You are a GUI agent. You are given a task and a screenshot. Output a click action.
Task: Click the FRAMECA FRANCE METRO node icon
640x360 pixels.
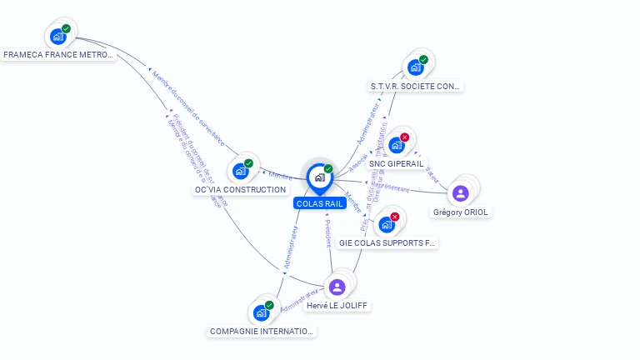[57, 36]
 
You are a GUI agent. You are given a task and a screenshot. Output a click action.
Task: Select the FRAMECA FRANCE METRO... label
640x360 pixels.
[57, 55]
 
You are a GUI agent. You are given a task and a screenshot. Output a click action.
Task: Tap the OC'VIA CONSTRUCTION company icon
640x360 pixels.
[241, 171]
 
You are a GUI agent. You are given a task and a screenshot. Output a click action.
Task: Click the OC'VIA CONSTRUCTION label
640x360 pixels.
[240, 190]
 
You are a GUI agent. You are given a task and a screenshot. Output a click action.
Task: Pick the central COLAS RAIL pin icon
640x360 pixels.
[319, 177]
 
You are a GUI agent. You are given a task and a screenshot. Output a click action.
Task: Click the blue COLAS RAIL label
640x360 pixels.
[319, 203]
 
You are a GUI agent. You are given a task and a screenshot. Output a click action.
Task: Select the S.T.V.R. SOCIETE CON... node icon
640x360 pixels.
[415, 67]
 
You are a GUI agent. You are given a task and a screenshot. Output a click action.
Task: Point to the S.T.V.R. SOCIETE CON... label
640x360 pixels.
[416, 86]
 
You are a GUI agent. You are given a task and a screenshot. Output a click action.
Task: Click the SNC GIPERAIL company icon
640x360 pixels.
[397, 145]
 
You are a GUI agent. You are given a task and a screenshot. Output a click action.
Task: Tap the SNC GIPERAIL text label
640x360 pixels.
[396, 163]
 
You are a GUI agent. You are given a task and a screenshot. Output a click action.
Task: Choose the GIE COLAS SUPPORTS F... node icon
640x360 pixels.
[387, 224]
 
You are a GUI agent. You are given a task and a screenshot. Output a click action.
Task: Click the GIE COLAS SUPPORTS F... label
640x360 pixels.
[387, 243]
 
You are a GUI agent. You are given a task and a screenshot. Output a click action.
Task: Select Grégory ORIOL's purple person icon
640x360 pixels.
[460, 193]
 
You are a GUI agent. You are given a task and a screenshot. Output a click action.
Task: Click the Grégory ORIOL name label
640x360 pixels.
[461, 212]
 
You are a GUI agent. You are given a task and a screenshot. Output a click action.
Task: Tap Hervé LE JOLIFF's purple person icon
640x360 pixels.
[337, 287]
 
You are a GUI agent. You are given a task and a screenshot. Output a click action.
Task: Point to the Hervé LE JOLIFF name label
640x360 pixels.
[337, 306]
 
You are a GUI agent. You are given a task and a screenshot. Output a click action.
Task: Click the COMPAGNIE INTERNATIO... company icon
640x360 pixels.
[262, 312]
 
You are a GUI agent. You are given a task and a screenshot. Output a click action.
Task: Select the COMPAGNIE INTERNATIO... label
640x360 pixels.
[262, 331]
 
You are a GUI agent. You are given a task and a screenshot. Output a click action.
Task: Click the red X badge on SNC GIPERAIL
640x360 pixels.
[405, 137]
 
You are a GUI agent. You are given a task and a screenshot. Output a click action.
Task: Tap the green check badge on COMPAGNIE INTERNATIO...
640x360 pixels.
[269, 305]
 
